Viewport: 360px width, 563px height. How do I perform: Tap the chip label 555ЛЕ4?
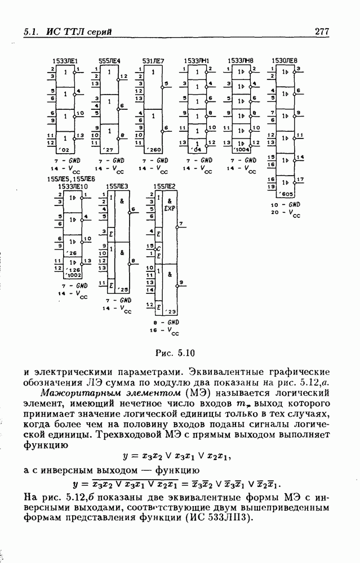[x=109, y=60]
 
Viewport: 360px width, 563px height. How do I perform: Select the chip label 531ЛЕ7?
[x=153, y=60]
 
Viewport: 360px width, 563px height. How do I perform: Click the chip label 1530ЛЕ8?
[x=284, y=60]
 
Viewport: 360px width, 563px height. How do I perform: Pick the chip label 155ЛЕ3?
[x=118, y=185]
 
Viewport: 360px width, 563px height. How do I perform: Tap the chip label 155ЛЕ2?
[x=166, y=185]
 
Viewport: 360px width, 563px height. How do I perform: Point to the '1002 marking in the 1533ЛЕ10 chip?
[x=75, y=275]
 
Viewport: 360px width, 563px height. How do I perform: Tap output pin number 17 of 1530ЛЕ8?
[x=300, y=180]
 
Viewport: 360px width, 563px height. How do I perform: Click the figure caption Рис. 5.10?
[x=174, y=354]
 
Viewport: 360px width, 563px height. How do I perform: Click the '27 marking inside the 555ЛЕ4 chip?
[x=109, y=150]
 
